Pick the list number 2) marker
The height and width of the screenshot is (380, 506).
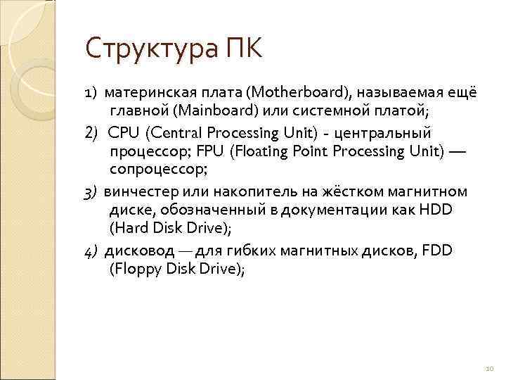pos(92,132)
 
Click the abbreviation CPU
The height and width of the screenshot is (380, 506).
pos(125,132)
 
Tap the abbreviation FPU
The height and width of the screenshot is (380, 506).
pos(209,151)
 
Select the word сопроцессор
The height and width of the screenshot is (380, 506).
pos(158,170)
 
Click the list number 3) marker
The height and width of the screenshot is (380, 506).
pos(91,191)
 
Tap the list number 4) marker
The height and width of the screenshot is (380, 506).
pos(91,250)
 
